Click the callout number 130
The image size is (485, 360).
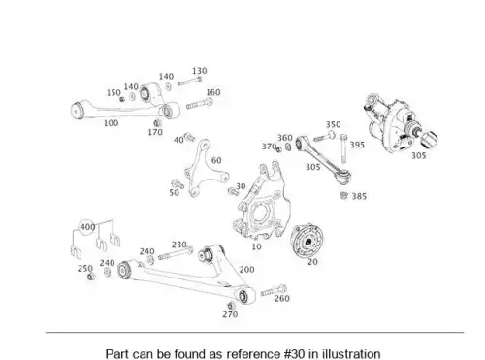(x=199, y=71)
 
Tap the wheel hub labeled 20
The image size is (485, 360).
(x=307, y=241)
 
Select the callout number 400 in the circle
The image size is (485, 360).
(x=87, y=227)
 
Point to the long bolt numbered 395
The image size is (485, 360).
(x=343, y=148)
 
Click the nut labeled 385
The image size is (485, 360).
(x=344, y=195)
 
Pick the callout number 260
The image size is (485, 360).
(x=281, y=298)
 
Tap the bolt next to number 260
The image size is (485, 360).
(x=274, y=290)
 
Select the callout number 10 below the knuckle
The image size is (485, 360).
(x=256, y=246)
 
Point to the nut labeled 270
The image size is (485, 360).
(x=232, y=306)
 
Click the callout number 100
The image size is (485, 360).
(x=111, y=123)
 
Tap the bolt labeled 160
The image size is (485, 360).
(x=200, y=104)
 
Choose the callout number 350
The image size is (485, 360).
(x=333, y=124)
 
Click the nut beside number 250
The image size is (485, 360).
(x=91, y=277)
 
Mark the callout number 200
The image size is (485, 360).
(x=246, y=269)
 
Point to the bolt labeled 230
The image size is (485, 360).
(x=176, y=254)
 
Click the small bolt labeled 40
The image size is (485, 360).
(x=189, y=137)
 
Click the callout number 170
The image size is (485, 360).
(x=155, y=132)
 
